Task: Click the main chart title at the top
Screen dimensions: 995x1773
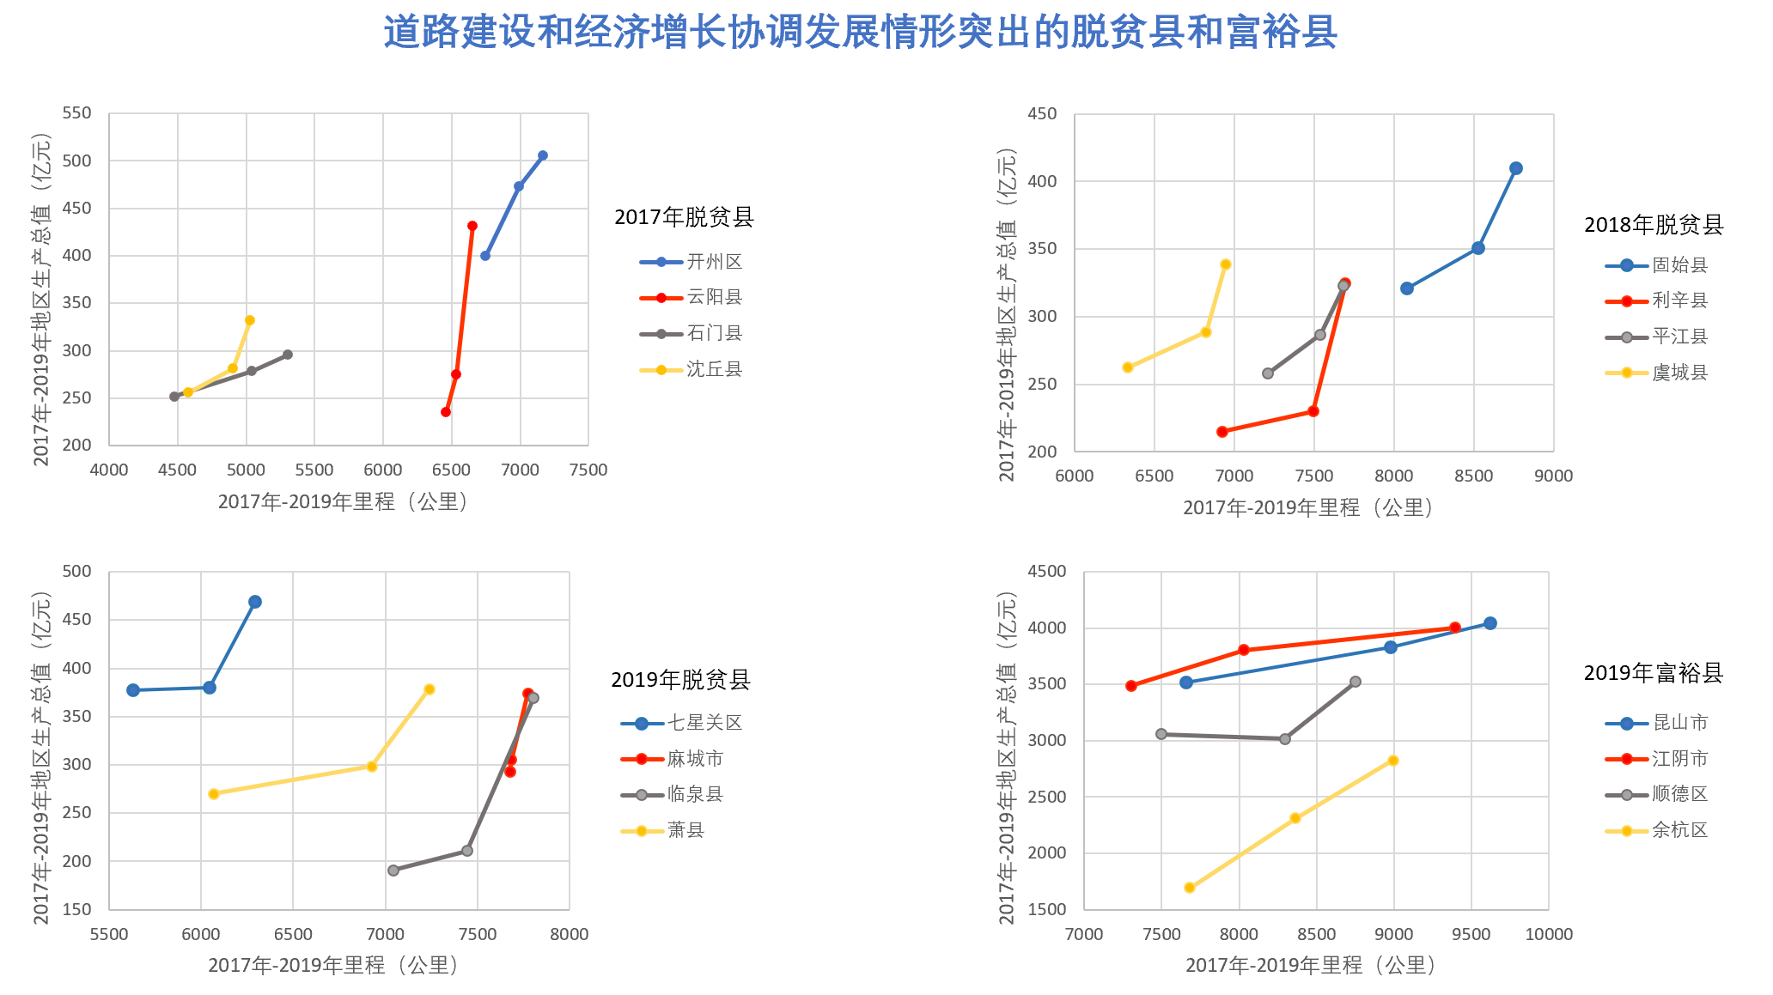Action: tap(860, 33)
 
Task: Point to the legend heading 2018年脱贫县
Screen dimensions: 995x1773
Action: tap(1654, 225)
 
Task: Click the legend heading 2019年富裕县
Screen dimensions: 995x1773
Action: tap(1654, 673)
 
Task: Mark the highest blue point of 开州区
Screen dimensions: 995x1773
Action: tap(543, 155)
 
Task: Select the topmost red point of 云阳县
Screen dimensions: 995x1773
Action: tap(472, 226)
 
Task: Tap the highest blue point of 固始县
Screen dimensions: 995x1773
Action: tap(1516, 168)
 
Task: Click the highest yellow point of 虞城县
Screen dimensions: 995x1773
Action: tap(1226, 264)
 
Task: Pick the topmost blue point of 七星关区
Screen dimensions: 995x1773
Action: tap(255, 602)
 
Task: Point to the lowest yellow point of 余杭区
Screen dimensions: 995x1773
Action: tap(1190, 888)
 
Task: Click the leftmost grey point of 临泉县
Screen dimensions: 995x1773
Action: tap(393, 871)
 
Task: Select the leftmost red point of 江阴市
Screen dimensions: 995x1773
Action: tap(1131, 686)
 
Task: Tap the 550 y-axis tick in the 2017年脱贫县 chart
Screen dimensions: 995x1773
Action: tap(76, 113)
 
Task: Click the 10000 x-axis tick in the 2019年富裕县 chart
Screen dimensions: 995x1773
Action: tap(1549, 934)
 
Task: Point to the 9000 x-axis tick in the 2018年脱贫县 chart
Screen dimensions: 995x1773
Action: tap(1554, 476)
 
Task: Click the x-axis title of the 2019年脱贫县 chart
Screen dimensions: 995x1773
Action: tap(336, 966)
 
